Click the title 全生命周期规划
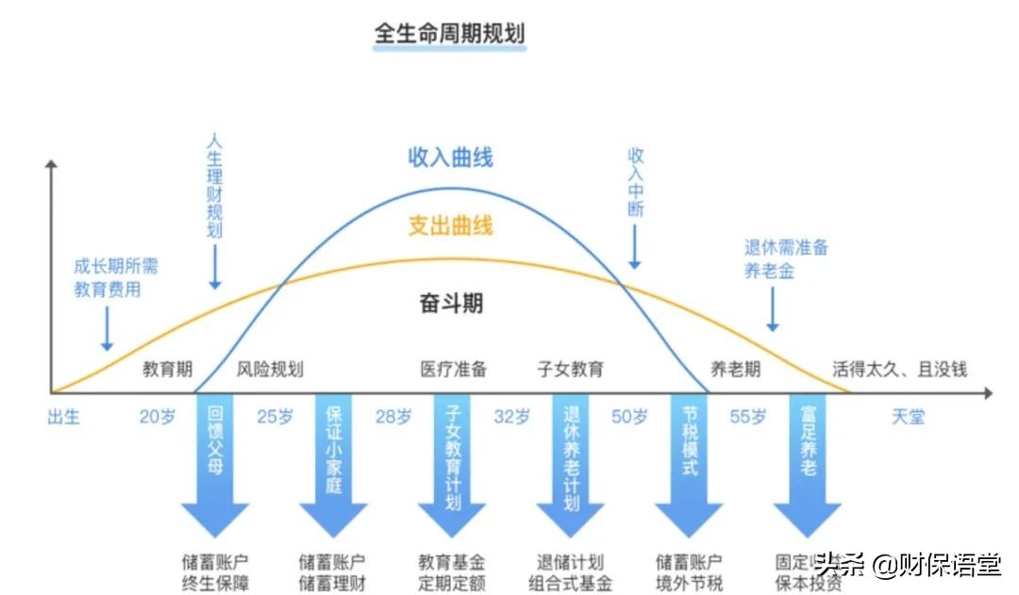click(449, 34)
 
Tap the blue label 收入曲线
click(451, 157)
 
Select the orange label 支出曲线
click(451, 226)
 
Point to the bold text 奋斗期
click(451, 304)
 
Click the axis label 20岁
click(158, 417)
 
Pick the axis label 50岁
click(629, 417)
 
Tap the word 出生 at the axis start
click(64, 417)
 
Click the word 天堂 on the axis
click(908, 417)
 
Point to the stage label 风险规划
click(270, 370)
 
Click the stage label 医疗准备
click(454, 370)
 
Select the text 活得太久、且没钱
click(899, 370)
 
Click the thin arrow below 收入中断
click(635, 249)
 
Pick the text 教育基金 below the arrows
click(452, 562)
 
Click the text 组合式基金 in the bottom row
click(571, 583)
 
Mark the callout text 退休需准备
click(786, 248)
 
